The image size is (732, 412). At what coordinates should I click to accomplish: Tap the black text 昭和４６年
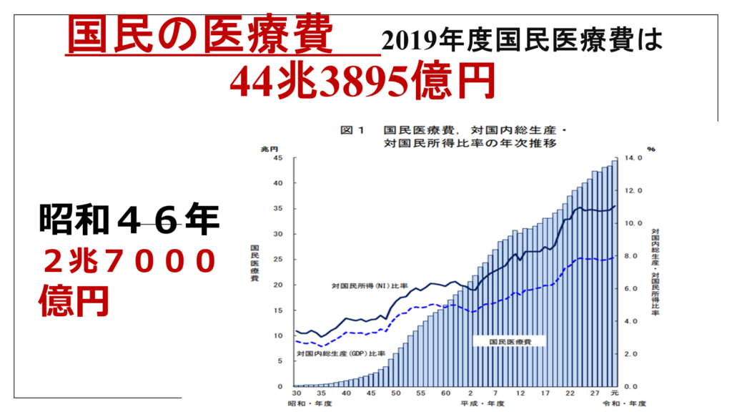point(129,220)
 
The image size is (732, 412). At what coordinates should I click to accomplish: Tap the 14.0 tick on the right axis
point(634,158)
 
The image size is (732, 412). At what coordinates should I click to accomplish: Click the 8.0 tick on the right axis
point(634,256)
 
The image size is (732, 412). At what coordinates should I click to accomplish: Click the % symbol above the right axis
point(651,148)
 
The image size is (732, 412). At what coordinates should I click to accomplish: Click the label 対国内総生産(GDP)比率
point(341,354)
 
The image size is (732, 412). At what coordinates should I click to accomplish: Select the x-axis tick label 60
point(445,394)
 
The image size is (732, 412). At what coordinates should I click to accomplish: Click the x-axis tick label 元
point(615,394)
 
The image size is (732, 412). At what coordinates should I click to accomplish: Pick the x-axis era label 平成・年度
point(483,405)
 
